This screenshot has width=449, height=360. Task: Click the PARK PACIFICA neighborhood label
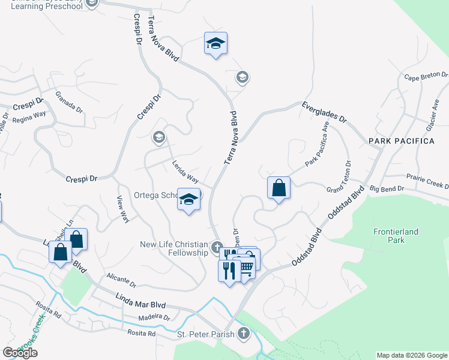[401, 140]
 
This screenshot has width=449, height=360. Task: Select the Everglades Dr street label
[325, 112]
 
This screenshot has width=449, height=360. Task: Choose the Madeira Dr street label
[154, 317]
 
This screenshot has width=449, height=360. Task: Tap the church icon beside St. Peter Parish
[243, 334]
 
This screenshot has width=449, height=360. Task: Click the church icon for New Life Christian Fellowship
[217, 245]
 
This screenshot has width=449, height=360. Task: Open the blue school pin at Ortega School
[188, 200]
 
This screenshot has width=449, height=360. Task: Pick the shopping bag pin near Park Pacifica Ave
[279, 188]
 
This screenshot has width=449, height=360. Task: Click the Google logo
[20, 353]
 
